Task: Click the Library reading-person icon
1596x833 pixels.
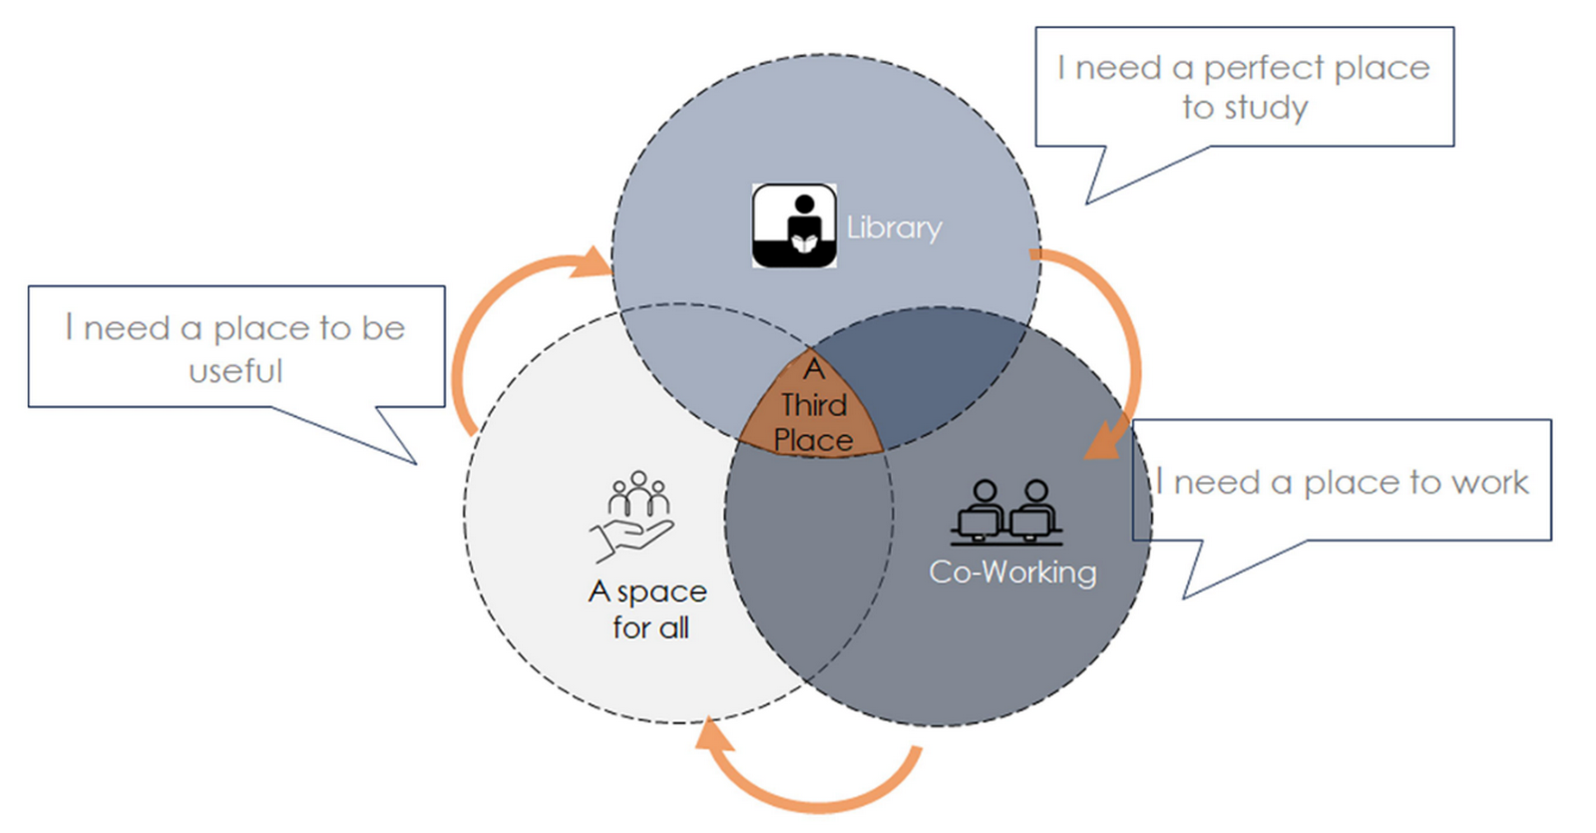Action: [x=794, y=225]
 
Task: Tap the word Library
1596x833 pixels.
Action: [x=894, y=228]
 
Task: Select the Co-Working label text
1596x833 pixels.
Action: [x=1012, y=573]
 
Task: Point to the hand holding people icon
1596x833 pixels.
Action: [x=632, y=516]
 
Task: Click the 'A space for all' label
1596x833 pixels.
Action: [x=647, y=610]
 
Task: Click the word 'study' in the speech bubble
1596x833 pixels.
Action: [x=1266, y=109]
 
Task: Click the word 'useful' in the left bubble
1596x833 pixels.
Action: [x=235, y=371]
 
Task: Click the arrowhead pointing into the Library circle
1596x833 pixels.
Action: [x=591, y=262]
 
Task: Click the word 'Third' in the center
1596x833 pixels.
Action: [x=814, y=405]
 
